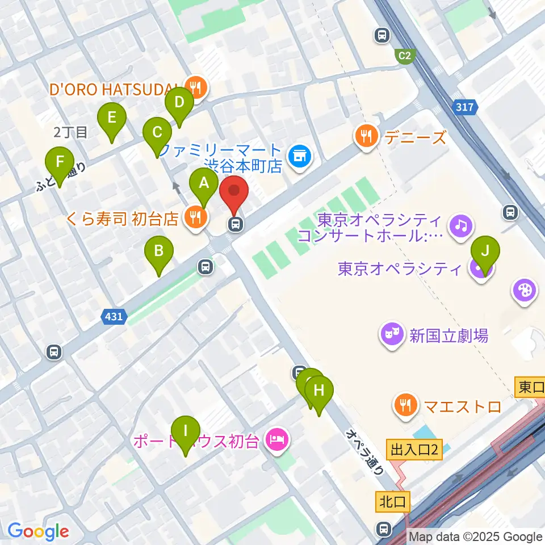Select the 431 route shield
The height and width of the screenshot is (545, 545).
point(114,317)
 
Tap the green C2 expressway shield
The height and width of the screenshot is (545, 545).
point(405,56)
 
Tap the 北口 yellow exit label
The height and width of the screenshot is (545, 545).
point(391,501)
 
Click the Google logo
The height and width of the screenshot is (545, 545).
point(39,531)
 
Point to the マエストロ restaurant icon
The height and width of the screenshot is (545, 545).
point(405,406)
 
